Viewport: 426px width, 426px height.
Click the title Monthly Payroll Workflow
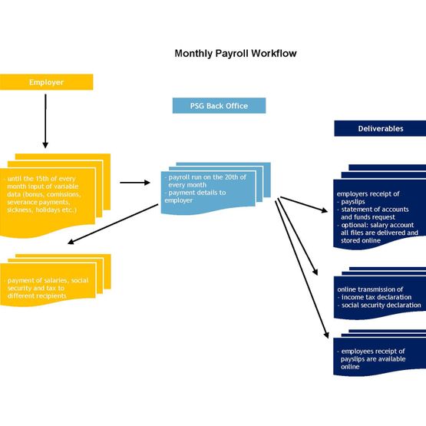[236, 53]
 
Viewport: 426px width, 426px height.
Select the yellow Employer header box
[47, 82]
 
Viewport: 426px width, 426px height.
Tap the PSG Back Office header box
[219, 106]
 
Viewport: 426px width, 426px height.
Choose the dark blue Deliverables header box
[380, 128]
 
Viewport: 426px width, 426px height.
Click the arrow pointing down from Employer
[45, 121]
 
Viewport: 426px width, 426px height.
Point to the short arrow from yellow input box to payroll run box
[135, 183]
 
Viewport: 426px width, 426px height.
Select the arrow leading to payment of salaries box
[113, 224]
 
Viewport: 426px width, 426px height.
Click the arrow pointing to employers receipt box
[304, 205]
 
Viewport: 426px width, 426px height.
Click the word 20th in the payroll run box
[232, 177]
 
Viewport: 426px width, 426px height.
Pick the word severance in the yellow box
[22, 202]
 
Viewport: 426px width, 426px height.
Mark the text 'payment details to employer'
[195, 196]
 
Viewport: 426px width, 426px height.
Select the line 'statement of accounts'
[375, 210]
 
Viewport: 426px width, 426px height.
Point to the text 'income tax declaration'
[377, 297]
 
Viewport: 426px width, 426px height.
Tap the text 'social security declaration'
[381, 305]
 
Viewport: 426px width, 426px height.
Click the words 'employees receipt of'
[373, 352]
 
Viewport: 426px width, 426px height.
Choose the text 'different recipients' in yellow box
[37, 296]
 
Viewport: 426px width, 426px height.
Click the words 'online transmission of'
[370, 289]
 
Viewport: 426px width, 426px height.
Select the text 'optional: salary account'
[378, 225]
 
